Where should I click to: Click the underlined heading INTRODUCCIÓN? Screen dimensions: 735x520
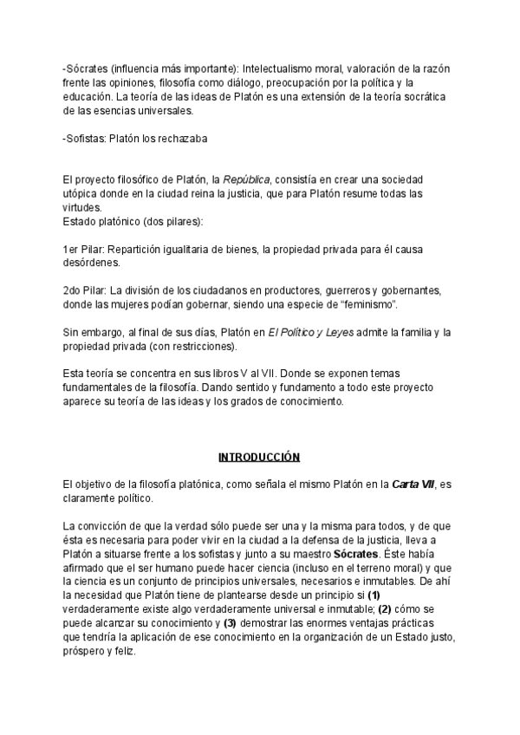click(258, 457)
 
